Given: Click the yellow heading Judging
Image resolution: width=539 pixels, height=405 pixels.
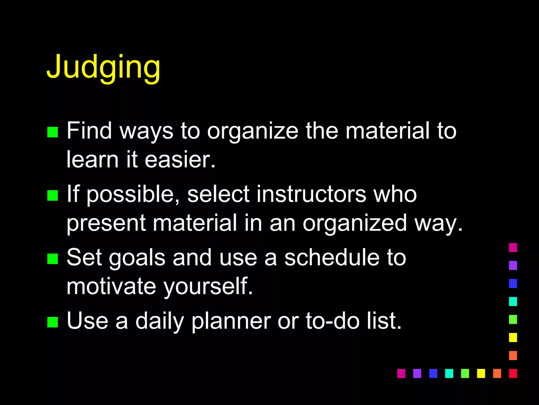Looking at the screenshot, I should pos(103,67).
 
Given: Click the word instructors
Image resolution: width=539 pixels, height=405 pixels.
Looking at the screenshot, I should pos(311,194).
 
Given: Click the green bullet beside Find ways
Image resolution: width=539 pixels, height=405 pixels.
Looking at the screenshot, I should pos(53,132).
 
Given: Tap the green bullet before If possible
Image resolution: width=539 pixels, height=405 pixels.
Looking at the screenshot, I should pos(53,195).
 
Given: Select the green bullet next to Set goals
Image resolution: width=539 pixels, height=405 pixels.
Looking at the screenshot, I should pos(53,259).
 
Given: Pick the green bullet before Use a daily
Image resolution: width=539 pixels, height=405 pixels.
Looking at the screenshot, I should pos(53,322).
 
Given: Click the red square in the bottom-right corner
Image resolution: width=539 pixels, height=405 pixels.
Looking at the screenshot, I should pos(513,373).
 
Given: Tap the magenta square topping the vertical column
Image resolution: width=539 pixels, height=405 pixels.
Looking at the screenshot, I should pos(513,248).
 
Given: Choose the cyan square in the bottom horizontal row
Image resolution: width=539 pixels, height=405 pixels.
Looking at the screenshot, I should pos(449,373).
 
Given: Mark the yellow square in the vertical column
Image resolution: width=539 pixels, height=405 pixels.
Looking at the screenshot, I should pos(513,337).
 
